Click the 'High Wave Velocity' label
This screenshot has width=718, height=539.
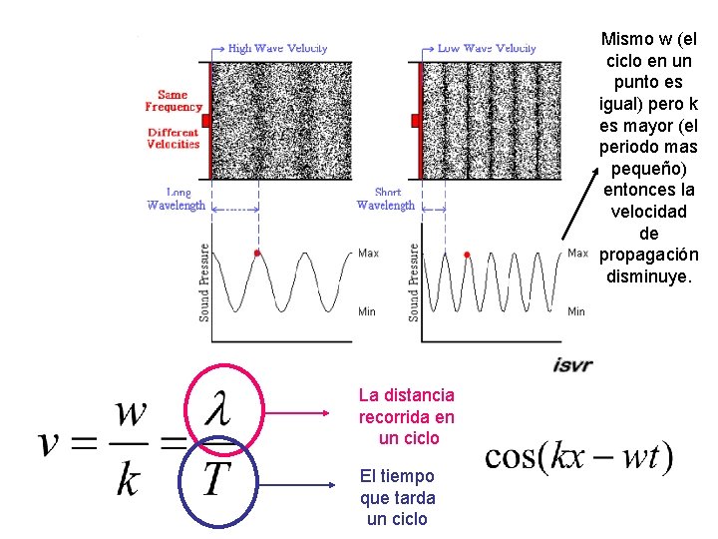[x=277, y=48]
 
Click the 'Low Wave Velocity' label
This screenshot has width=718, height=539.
[x=487, y=48]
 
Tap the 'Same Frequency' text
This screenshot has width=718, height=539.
[x=174, y=101]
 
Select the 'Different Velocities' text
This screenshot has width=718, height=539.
[x=174, y=138]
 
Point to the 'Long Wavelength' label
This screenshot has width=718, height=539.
[x=177, y=199]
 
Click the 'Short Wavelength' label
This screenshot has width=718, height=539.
[x=386, y=199]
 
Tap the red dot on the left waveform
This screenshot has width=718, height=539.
[x=257, y=254]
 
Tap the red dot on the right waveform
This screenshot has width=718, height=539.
[x=468, y=254]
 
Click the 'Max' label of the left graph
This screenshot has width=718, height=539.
[x=368, y=254]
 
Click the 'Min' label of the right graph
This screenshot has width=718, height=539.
[x=576, y=311]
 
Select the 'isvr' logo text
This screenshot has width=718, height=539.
[x=572, y=365]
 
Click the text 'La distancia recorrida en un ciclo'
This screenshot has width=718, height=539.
[x=406, y=417]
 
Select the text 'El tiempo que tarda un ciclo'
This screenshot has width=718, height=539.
[x=397, y=497]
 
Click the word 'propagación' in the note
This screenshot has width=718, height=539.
[x=648, y=255]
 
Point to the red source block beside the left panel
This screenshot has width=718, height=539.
[x=205, y=121]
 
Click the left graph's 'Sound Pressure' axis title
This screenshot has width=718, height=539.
[x=204, y=282]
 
